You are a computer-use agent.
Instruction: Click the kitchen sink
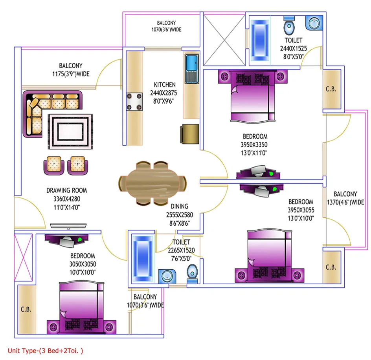[x=192, y=69]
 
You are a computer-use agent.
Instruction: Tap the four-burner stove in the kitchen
[x=134, y=102]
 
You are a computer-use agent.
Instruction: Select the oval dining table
[x=152, y=183]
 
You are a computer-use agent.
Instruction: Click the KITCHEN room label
[x=165, y=85]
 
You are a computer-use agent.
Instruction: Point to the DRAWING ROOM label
[x=66, y=190]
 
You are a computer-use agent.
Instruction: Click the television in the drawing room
[x=68, y=226]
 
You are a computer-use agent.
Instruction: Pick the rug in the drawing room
[x=70, y=132]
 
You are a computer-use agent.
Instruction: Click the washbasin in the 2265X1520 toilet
[x=167, y=276]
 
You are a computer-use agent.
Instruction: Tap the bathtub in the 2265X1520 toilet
[x=143, y=258]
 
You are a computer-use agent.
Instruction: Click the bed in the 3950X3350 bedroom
[x=253, y=96]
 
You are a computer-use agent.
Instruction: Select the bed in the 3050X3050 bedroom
[x=81, y=307]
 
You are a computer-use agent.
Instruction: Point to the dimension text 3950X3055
[x=301, y=210]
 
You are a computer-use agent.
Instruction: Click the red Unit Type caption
[x=46, y=351]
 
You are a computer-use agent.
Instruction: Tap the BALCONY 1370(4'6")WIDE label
[x=345, y=198]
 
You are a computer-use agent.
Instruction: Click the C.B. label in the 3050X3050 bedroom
[x=26, y=309]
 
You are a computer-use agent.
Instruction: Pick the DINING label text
[x=179, y=206]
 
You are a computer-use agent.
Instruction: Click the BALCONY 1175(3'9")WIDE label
[x=71, y=70]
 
